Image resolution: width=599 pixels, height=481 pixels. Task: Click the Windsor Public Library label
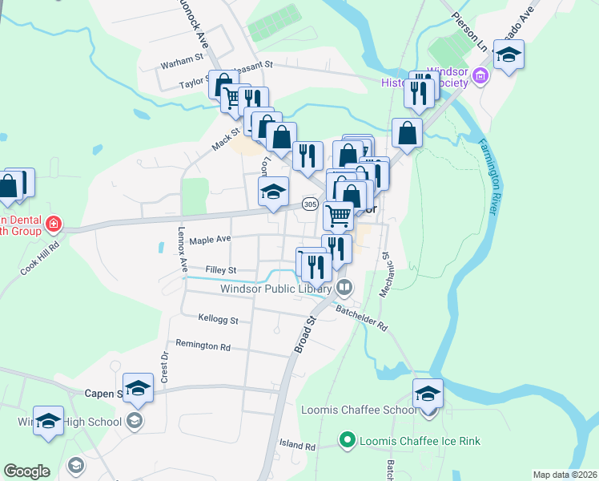pyautogui.click(x=276, y=289)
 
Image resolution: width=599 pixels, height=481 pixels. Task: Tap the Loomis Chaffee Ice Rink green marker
pyautogui.click(x=347, y=439)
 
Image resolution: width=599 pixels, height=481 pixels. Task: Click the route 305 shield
pyautogui.click(x=310, y=205)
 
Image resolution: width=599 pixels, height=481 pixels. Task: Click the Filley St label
pyautogui.click(x=220, y=271)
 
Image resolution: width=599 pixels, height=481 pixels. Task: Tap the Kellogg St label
pyautogui.click(x=219, y=321)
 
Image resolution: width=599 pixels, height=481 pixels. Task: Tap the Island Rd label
pyautogui.click(x=298, y=445)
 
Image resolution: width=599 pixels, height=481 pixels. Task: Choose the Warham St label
pyautogui.click(x=182, y=61)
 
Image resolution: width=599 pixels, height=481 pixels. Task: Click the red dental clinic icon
pyautogui.click(x=54, y=222)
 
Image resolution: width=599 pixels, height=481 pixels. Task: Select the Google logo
pyautogui.click(x=26, y=471)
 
